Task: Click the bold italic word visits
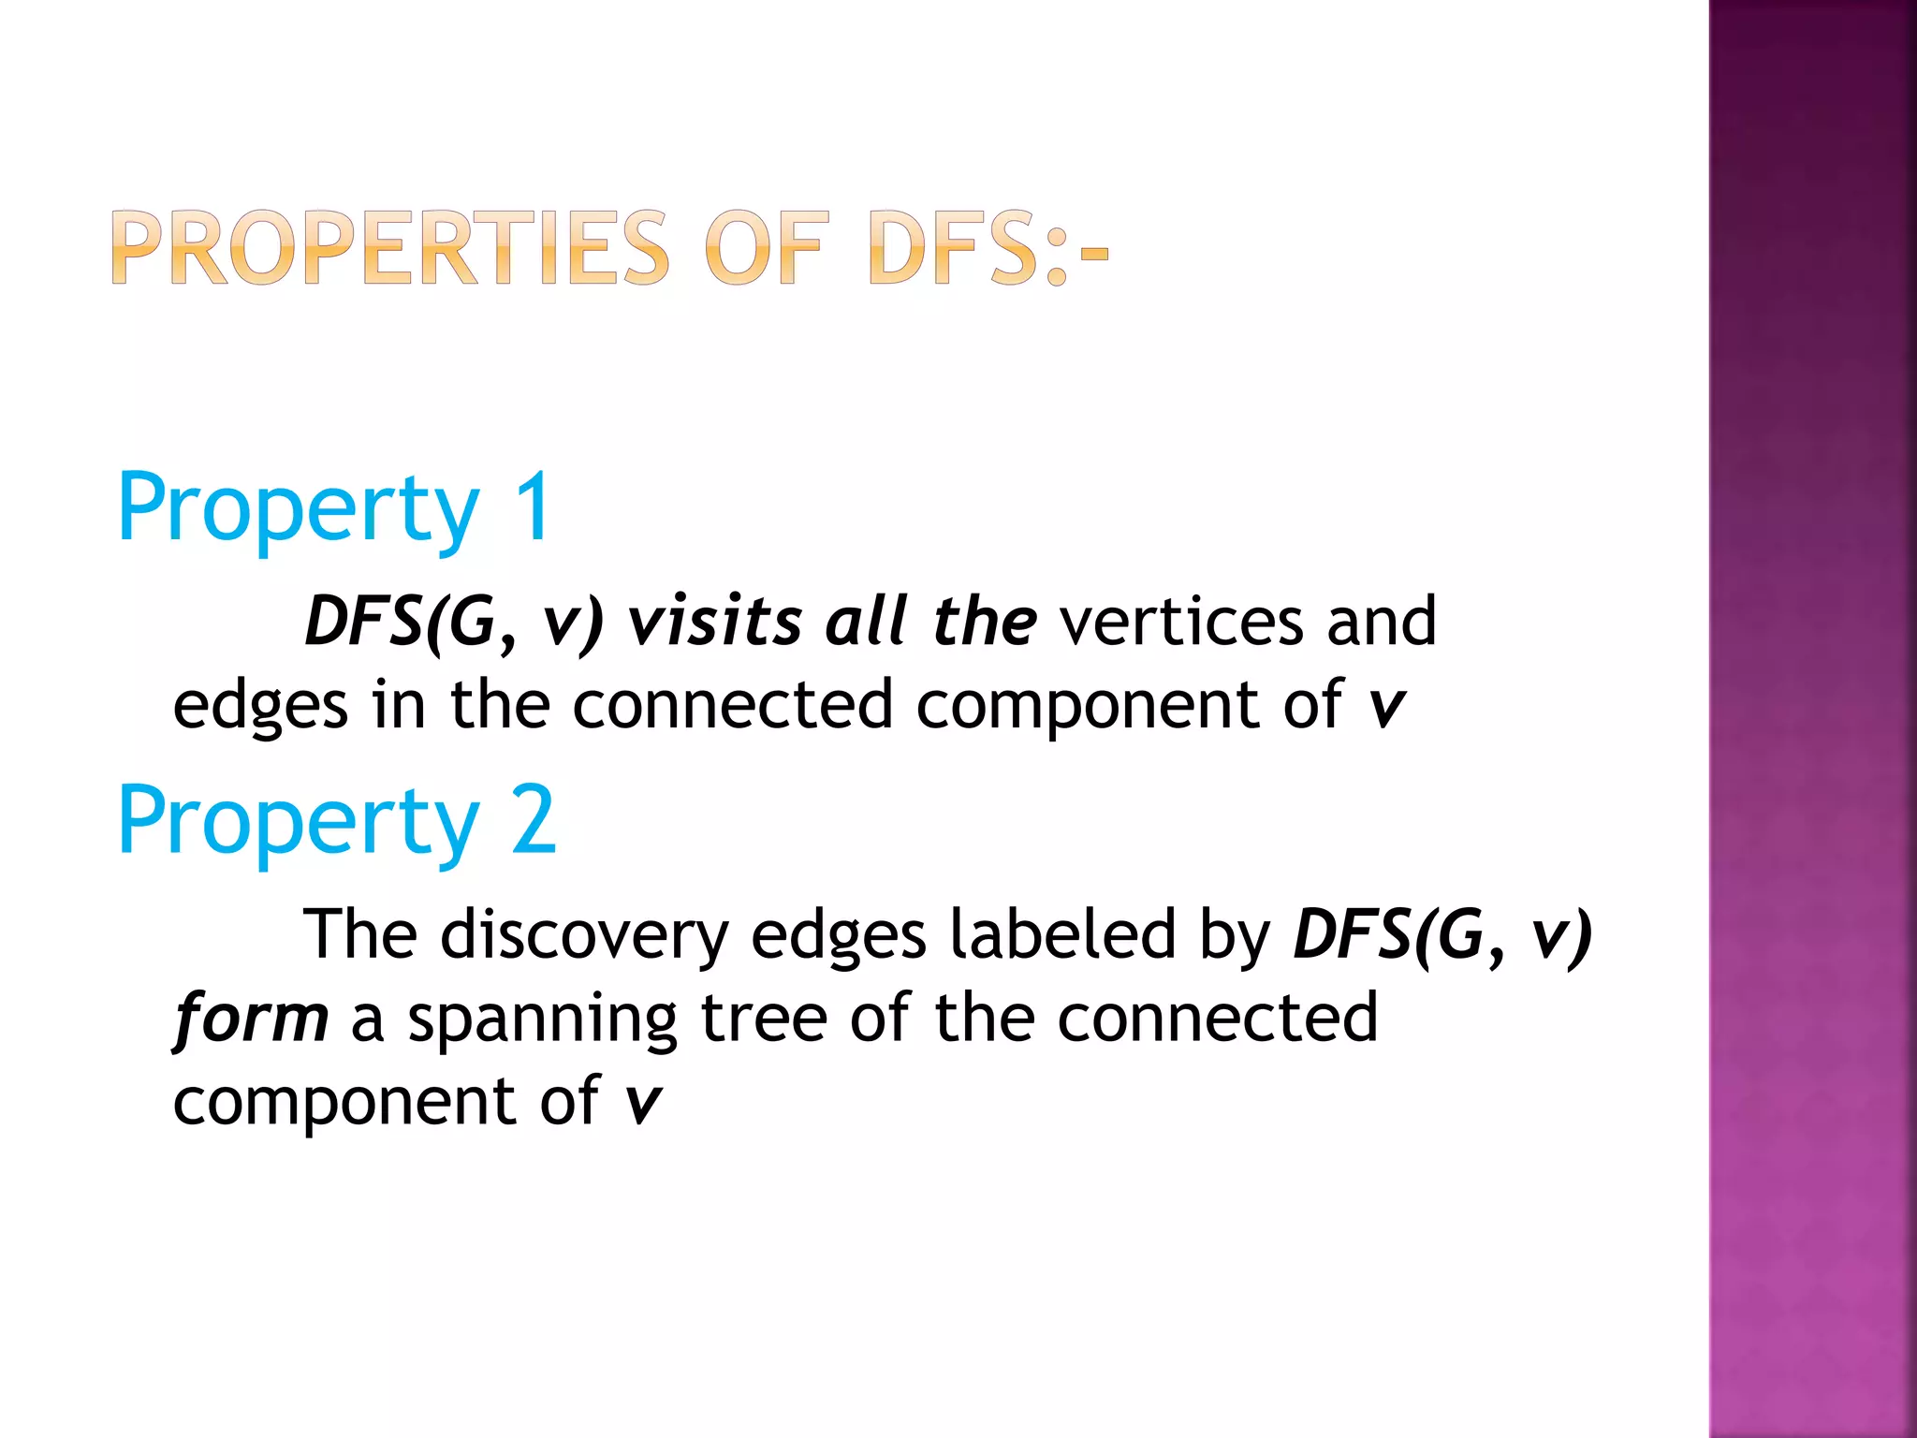(x=715, y=622)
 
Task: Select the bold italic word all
(x=867, y=622)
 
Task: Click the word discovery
(x=584, y=934)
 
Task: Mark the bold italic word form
(x=251, y=1018)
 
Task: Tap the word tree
(x=764, y=1018)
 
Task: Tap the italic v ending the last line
(x=643, y=1102)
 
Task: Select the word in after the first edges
(x=399, y=705)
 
